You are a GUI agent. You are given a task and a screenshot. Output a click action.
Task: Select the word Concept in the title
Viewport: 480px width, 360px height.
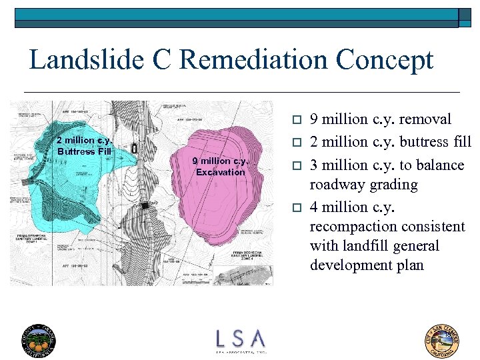(x=385, y=61)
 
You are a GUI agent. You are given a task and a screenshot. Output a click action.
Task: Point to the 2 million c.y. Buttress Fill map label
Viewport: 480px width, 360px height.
(x=84, y=145)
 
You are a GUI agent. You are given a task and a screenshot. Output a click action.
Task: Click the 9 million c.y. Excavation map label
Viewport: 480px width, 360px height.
(x=220, y=166)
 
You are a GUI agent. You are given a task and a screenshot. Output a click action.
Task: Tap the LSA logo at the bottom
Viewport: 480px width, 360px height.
(x=240, y=339)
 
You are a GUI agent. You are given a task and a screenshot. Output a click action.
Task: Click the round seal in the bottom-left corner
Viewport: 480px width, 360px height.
(x=39, y=339)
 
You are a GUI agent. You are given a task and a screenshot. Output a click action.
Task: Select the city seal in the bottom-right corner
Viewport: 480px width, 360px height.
(x=442, y=339)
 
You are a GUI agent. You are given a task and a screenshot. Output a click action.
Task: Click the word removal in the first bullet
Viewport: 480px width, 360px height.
(x=426, y=120)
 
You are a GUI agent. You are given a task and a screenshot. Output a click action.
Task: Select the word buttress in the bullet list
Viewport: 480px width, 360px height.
(x=423, y=142)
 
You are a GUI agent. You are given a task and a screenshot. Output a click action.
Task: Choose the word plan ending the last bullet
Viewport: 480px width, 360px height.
(x=410, y=265)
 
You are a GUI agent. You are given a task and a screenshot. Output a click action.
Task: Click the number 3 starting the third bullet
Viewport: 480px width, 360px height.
(x=315, y=165)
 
